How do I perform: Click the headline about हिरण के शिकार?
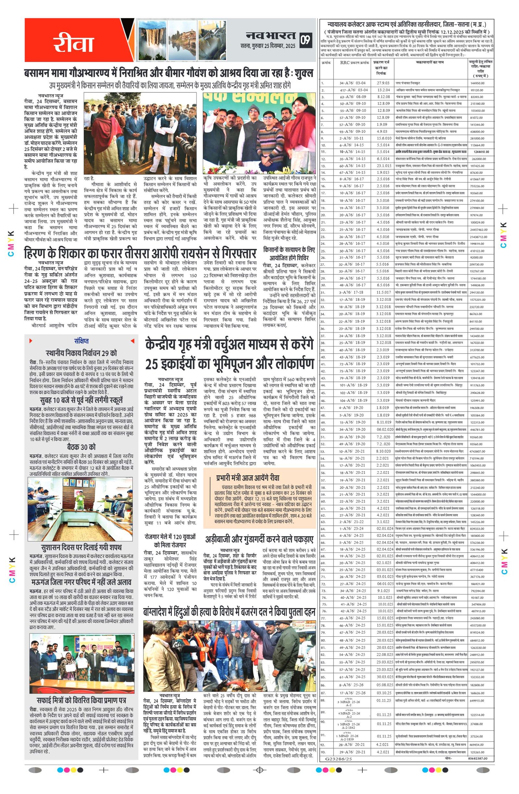coord(140,253)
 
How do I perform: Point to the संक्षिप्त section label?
coord(81,341)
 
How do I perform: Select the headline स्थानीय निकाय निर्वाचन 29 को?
coord(81,353)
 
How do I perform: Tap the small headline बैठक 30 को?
coord(81,447)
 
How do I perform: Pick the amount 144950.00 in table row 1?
coord(477,83)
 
